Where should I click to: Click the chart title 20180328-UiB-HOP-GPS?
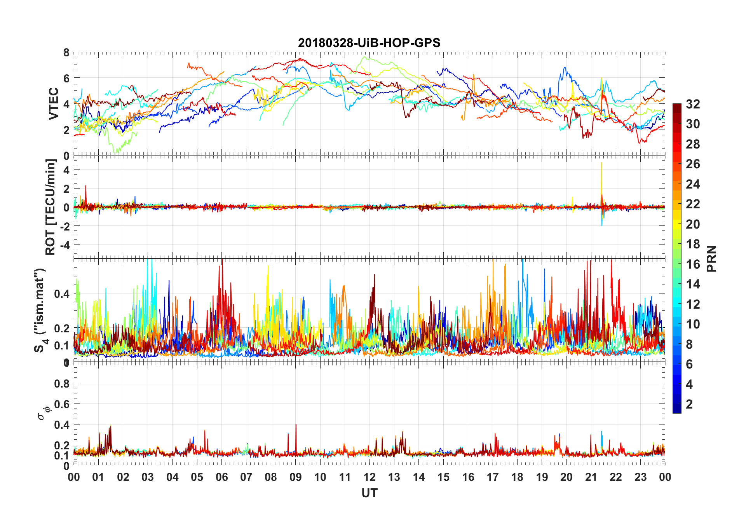369,43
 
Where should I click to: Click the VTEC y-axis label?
54,104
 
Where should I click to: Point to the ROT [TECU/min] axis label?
51,207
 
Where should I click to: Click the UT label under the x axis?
369,493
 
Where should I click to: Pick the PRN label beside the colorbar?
711,258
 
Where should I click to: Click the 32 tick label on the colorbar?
693,104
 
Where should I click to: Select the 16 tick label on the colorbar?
693,264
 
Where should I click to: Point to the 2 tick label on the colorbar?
689,404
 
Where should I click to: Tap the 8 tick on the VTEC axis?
66,53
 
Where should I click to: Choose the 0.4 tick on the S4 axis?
62,294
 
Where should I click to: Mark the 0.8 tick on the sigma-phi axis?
62,384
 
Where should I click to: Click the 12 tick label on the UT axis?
369,477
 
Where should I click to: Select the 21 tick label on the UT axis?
591,477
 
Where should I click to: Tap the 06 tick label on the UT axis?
221,477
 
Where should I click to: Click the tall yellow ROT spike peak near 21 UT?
601,163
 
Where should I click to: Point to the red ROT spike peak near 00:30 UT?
86,186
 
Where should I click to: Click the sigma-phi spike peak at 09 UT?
296,425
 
